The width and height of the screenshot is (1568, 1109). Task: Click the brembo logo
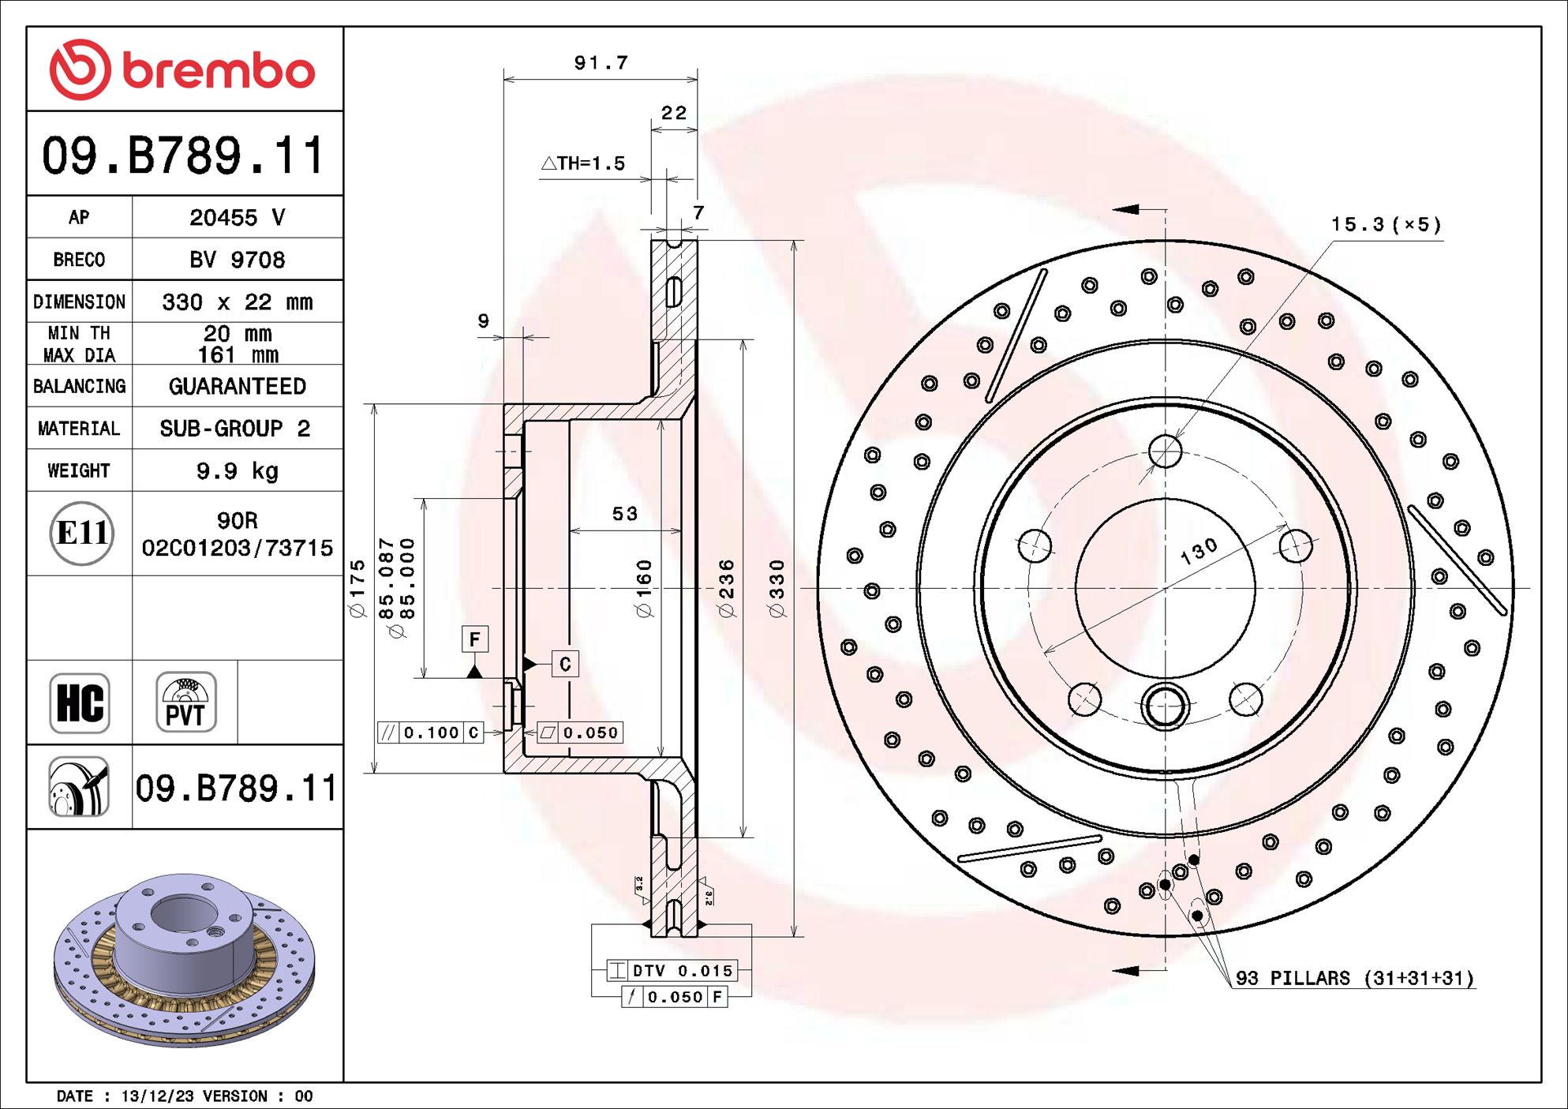click(182, 69)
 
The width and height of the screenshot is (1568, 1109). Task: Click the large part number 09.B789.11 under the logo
click(183, 155)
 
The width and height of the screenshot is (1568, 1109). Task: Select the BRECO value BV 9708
click(237, 260)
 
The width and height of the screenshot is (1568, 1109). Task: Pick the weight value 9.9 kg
click(237, 471)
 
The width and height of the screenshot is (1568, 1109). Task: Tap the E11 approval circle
click(81, 534)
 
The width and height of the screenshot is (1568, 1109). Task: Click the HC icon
click(80, 702)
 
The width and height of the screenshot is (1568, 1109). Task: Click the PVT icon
click(185, 702)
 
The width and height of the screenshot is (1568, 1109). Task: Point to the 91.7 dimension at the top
click(601, 62)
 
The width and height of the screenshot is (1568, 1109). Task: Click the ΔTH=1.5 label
click(583, 163)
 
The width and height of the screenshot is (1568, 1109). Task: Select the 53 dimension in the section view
click(624, 514)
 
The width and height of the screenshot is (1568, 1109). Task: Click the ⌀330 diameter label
click(777, 588)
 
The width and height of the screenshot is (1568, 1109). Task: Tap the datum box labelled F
click(474, 639)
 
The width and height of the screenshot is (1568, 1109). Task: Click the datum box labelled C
click(565, 664)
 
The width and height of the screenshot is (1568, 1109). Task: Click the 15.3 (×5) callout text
click(1386, 225)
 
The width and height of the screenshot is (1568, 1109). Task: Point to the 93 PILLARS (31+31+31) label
click(1353, 979)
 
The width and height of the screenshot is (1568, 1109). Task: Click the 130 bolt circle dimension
click(1199, 551)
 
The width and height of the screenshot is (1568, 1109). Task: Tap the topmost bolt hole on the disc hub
click(1166, 451)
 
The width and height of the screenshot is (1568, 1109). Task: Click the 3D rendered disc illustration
click(184, 959)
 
